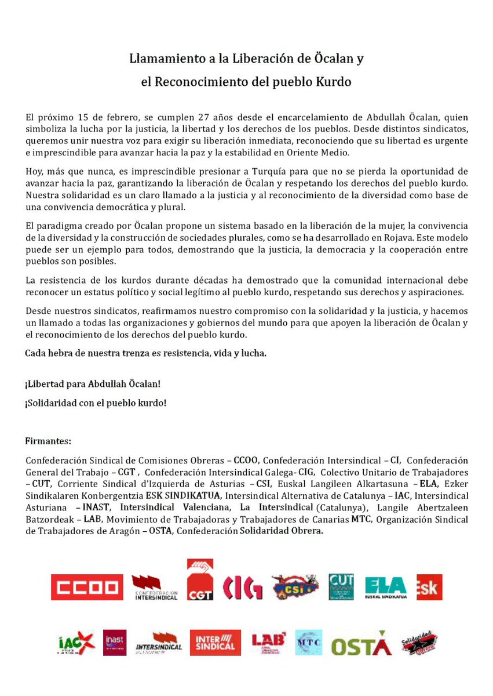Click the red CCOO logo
[87, 587]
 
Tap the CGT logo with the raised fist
[200, 580]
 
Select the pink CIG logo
[243, 587]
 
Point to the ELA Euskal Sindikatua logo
[386, 587]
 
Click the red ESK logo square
[429, 587]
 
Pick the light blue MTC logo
[308, 643]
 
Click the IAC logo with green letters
[76, 643]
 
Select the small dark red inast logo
[115, 643]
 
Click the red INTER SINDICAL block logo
[215, 643]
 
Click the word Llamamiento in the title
[163, 59]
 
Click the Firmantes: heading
[48, 441]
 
